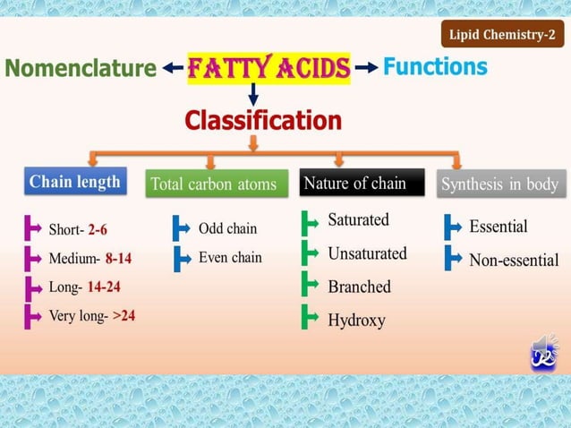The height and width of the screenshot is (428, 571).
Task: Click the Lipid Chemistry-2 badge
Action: pyautogui.click(x=503, y=36)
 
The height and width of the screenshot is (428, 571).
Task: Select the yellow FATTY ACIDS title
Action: pyautogui.click(x=268, y=67)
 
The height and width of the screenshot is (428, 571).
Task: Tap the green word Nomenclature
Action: pyautogui.click(x=80, y=67)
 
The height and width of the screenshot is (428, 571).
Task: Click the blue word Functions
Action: pyautogui.click(x=435, y=67)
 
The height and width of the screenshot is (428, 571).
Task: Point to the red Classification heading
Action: pyautogui.click(x=263, y=120)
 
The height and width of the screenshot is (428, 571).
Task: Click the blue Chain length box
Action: pyautogui.click(x=74, y=182)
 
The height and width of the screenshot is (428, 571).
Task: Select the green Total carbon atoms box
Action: pyautogui.click(x=213, y=184)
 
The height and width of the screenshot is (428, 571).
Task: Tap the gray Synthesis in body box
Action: pyautogui.click(x=499, y=184)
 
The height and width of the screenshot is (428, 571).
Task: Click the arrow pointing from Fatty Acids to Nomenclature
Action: pyautogui.click(x=173, y=68)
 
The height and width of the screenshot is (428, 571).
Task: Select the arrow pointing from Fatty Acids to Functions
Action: pyautogui.click(x=365, y=68)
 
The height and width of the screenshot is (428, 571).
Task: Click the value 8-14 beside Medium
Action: pyautogui.click(x=118, y=259)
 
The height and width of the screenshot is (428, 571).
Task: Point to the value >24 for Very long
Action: pyautogui.click(x=124, y=315)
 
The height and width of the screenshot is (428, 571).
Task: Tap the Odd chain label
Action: pyautogui.click(x=227, y=228)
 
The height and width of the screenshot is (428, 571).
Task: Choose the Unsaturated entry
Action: pyautogui.click(x=367, y=253)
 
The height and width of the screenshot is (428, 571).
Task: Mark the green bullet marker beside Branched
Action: pyautogui.click(x=310, y=286)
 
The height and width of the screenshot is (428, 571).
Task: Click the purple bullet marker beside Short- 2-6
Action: pyautogui.click(x=33, y=230)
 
